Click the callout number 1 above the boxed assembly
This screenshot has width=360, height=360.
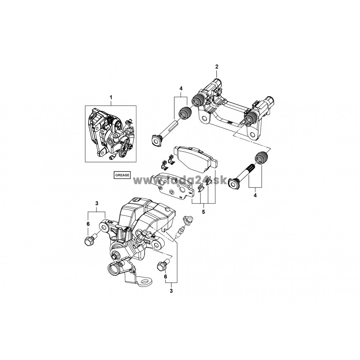pyautogui.click(x=111, y=97)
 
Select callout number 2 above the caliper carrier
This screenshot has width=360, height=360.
pyautogui.click(x=217, y=67)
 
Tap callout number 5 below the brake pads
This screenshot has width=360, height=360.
pyautogui.click(x=203, y=211)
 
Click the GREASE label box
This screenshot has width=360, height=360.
pyautogui.click(x=122, y=175)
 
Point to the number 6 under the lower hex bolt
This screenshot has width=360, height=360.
pyautogui.click(x=165, y=277)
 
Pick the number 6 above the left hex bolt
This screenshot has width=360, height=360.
pyautogui.click(x=88, y=224)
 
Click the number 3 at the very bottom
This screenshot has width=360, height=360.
pyautogui.click(x=171, y=291)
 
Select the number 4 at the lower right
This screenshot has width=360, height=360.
pyautogui.click(x=255, y=195)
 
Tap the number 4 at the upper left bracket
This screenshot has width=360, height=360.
pyautogui.click(x=181, y=88)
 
